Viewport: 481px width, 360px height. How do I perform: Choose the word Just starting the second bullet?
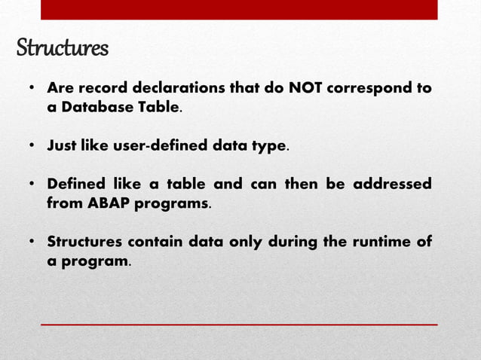coord(63,146)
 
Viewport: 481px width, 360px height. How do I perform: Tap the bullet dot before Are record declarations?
coord(32,89)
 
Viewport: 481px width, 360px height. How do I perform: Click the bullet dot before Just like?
coord(32,146)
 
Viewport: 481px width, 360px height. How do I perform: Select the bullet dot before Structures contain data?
coord(32,243)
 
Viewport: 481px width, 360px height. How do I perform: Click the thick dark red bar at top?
coord(238,9)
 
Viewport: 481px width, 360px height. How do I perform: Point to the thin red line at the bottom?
coord(238,325)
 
